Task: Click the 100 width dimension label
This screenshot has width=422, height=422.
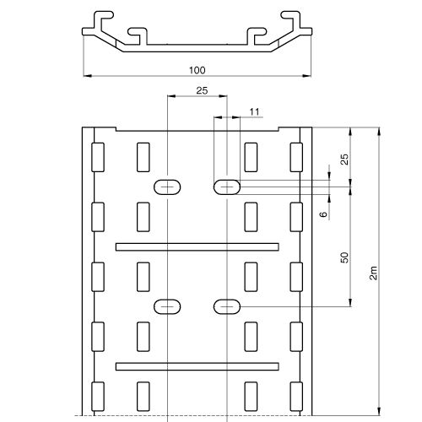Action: click(x=197, y=70)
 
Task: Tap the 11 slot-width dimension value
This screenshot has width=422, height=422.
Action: click(x=254, y=112)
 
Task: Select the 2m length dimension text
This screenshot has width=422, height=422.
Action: click(x=373, y=273)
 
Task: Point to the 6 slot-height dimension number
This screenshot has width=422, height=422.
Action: click(x=324, y=214)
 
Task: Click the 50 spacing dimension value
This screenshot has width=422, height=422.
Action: click(x=344, y=257)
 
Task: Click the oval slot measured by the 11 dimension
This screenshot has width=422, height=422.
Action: click(x=227, y=187)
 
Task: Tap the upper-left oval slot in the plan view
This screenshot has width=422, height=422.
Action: click(x=167, y=187)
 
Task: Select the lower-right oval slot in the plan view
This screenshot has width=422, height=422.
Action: click(x=227, y=306)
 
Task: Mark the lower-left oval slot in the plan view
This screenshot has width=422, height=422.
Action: click(x=167, y=306)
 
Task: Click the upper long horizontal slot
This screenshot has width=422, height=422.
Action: click(x=197, y=247)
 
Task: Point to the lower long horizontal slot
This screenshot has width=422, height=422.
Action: click(x=197, y=366)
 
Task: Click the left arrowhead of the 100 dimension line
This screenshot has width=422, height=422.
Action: click(x=87, y=76)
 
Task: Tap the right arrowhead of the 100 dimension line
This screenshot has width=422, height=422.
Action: click(x=307, y=76)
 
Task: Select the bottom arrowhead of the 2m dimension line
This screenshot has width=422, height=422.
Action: click(x=379, y=411)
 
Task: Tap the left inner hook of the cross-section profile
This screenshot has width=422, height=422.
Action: click(x=138, y=36)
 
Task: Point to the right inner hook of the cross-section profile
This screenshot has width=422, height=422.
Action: click(x=256, y=36)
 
